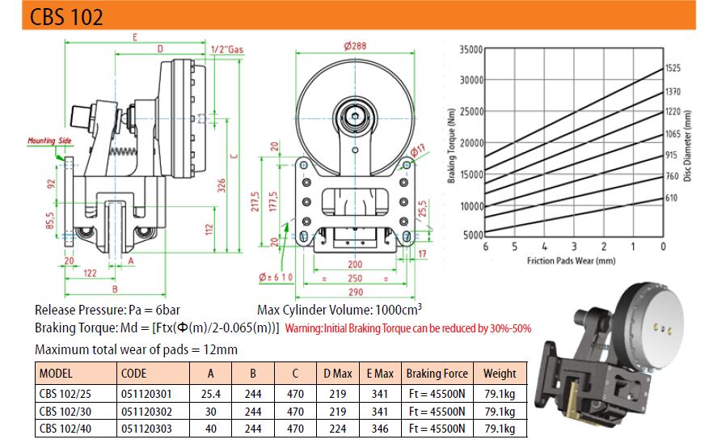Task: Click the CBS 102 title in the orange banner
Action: coord(66,17)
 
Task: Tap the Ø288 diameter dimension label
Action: coord(355,46)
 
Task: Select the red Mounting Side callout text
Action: coord(49,141)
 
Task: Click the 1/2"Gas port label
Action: coord(227,49)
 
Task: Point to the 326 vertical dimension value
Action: coord(222,185)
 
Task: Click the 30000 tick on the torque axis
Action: coord(471,80)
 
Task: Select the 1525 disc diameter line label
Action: coord(673,68)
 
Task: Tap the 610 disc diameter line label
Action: coord(671,197)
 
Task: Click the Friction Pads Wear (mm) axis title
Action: coord(571,260)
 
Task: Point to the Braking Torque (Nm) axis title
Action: coord(451,146)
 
